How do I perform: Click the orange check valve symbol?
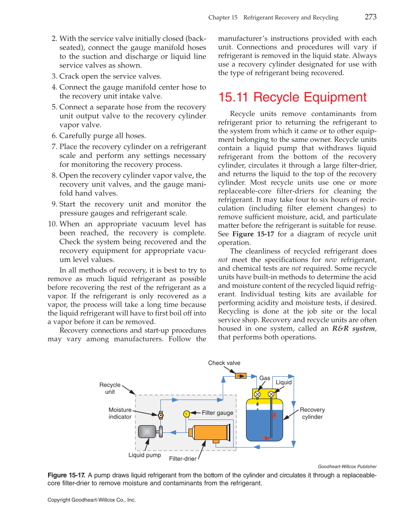[x=240, y=376]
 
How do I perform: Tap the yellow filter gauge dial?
[x=187, y=413]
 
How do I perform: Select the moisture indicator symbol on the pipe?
[x=161, y=415]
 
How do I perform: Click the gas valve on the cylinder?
[x=257, y=394]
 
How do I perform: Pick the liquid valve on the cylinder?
[x=271, y=394]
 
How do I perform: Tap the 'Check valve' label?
[x=224, y=363]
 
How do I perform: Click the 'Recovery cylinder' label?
[x=312, y=413]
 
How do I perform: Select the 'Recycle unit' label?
[x=110, y=388]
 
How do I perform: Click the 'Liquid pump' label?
[x=145, y=455]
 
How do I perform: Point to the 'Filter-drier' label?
[x=183, y=459]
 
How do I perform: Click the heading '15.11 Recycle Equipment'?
[x=292, y=98]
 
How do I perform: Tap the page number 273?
[x=371, y=17]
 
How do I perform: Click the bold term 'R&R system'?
[x=353, y=329]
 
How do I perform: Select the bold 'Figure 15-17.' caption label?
[x=67, y=475]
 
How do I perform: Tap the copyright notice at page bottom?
[x=92, y=500]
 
